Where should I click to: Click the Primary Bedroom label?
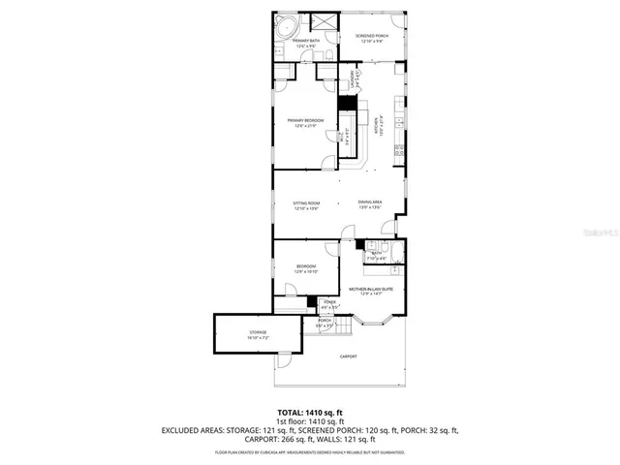pyautogui.click(x=305, y=123)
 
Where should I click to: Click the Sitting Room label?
pyautogui.click(x=306, y=204)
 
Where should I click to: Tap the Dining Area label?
pyautogui.click(x=371, y=204)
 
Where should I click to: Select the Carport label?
pyautogui.click(x=348, y=356)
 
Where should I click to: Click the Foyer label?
pyautogui.click(x=329, y=304)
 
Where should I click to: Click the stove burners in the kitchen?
pyautogui.click(x=399, y=152)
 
